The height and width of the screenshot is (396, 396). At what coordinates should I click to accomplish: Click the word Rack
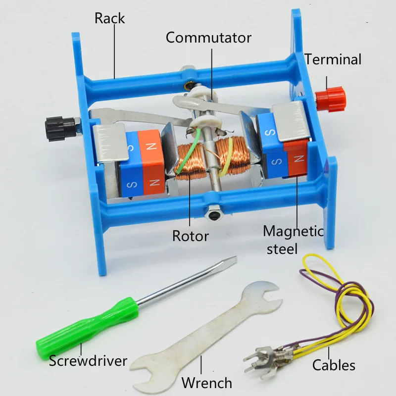[109, 18]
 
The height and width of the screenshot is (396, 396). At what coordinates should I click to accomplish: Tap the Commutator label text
[208, 38]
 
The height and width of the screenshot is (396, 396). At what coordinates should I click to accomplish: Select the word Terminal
[333, 59]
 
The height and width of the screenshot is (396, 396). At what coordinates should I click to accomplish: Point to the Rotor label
[191, 236]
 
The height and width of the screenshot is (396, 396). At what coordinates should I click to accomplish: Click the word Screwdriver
[88, 361]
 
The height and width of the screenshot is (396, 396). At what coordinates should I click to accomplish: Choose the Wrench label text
[206, 383]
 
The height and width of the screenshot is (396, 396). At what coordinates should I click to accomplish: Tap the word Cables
[334, 365]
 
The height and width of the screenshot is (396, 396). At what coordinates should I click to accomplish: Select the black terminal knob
[60, 129]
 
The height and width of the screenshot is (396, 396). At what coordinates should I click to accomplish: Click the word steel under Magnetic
[282, 249]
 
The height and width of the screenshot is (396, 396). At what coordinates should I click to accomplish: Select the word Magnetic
[293, 232]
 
